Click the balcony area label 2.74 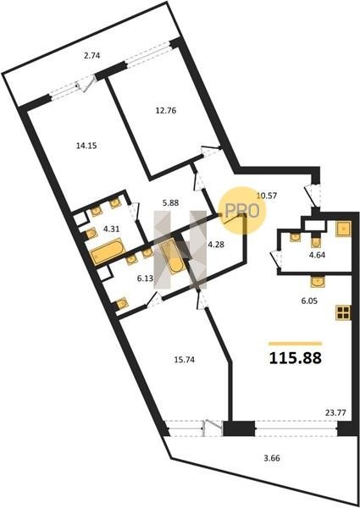click(x=92, y=56)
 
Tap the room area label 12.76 click(x=166, y=111)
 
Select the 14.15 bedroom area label click(x=86, y=146)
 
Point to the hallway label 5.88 click(x=171, y=203)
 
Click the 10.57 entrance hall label click(x=266, y=196)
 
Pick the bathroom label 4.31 click(x=112, y=229)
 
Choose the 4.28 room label click(x=216, y=245)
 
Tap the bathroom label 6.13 click(x=145, y=279)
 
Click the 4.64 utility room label click(x=317, y=255)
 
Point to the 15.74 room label click(x=184, y=360)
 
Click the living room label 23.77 click(x=335, y=413)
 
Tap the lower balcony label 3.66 click(x=272, y=458)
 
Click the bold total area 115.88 click(x=296, y=358)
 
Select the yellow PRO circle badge click(x=242, y=210)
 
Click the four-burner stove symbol click(x=343, y=312)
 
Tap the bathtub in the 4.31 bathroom click(x=108, y=251)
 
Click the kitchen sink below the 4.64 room click(x=318, y=281)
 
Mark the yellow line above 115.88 click(x=295, y=344)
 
